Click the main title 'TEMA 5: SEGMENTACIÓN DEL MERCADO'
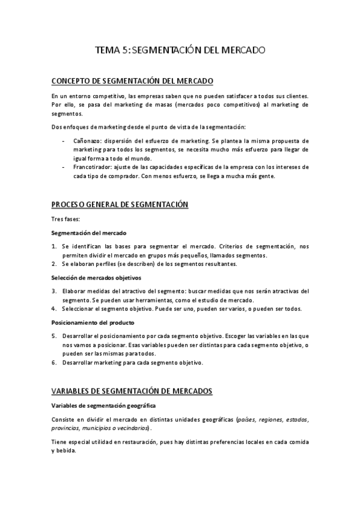click(x=180, y=52)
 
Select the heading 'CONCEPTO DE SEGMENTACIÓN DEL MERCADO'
click(x=132, y=81)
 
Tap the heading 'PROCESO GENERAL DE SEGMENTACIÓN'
click(x=120, y=205)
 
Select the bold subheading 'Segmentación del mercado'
click(x=88, y=232)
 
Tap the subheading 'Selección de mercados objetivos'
click(x=96, y=278)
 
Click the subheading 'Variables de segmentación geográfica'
click(x=103, y=405)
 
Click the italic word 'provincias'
click(x=66, y=428)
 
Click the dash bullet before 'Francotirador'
click(x=64, y=167)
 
